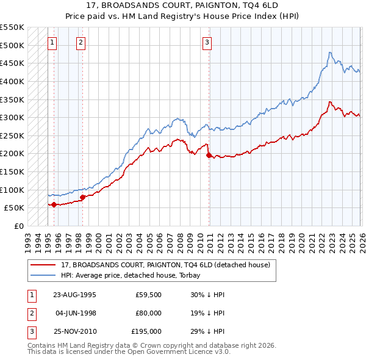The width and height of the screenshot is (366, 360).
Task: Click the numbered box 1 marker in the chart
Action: tap(52, 43)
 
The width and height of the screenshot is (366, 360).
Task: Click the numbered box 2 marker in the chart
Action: tap(81, 43)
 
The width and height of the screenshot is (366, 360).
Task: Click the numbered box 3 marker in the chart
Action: tap(207, 43)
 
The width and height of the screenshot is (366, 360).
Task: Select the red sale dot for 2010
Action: tap(209, 155)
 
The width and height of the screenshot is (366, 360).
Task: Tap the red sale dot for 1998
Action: tap(82, 196)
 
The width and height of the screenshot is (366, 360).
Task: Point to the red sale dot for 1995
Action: tap(54, 204)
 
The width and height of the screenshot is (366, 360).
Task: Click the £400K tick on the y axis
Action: tap(12, 81)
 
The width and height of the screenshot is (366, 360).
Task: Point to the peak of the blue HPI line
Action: tap(329, 52)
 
